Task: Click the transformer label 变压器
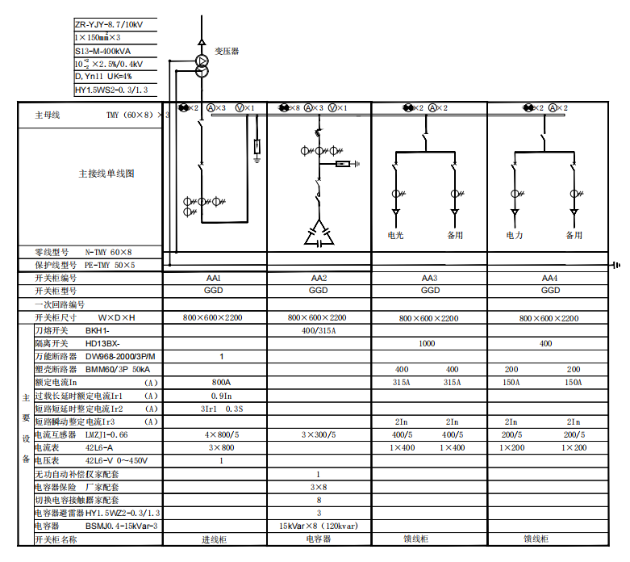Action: (x=227, y=51)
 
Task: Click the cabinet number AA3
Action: (x=430, y=278)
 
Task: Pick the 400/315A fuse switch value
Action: (x=319, y=330)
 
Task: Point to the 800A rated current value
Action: (x=222, y=382)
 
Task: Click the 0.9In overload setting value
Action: (x=222, y=396)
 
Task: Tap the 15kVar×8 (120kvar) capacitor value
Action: (x=319, y=526)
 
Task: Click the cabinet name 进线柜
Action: (x=216, y=539)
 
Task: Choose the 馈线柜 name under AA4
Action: (x=536, y=539)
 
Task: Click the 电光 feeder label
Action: (x=395, y=236)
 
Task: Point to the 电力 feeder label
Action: (x=515, y=236)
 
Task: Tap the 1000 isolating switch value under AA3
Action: (x=427, y=343)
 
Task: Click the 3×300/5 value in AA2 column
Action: (x=319, y=434)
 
